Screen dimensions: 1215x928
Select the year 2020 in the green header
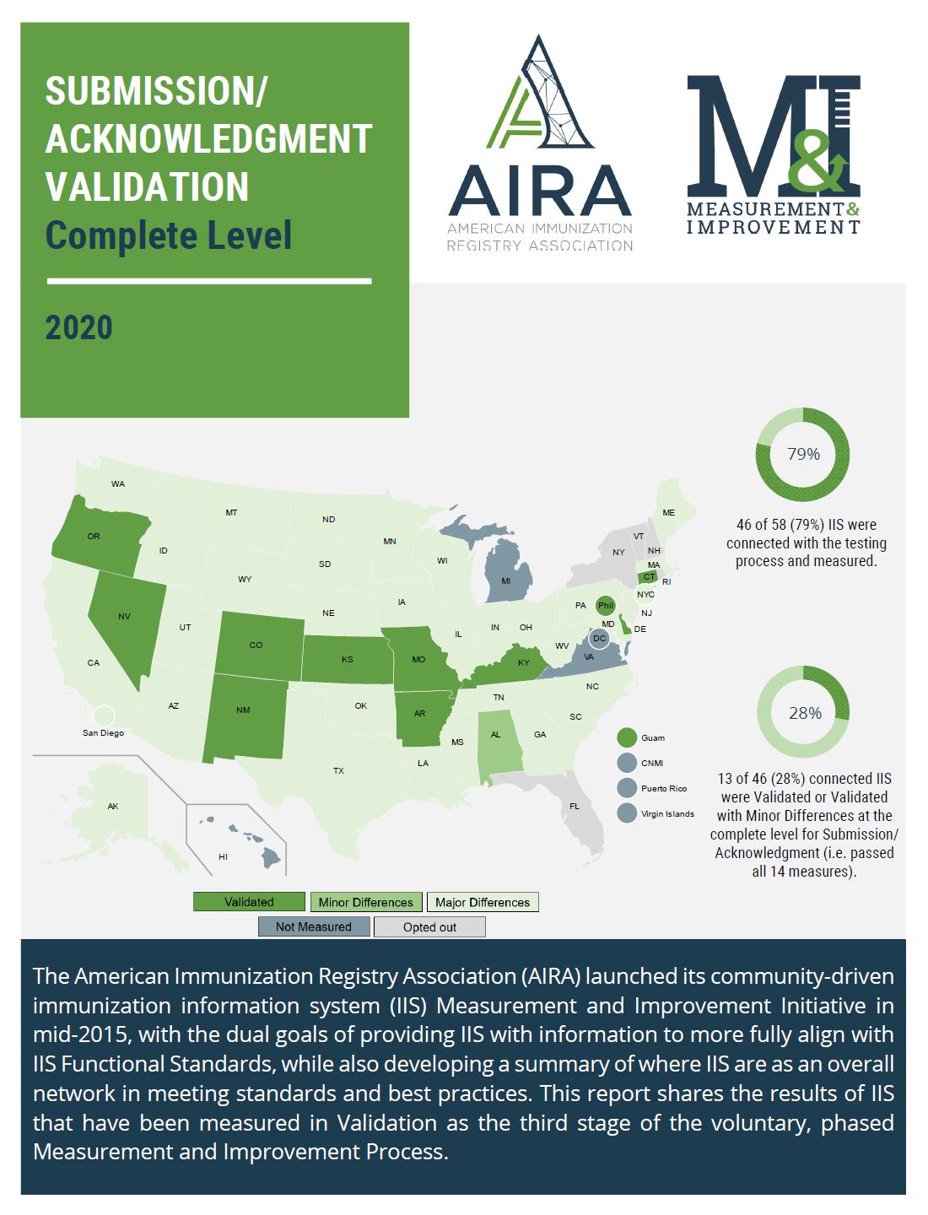click(79, 327)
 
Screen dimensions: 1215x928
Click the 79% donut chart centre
click(803, 455)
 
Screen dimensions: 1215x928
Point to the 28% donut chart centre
click(804, 713)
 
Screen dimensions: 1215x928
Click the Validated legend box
click(249, 902)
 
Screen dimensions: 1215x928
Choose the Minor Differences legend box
click(365, 902)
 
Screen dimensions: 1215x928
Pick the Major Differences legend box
click(483, 902)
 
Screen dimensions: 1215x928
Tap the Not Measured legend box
click(314, 926)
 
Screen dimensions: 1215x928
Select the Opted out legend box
click(429, 926)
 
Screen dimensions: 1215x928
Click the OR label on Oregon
click(94, 537)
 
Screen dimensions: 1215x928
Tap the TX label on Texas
click(338, 770)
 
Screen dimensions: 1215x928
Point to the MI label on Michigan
click(506, 581)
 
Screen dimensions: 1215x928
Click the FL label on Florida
click(575, 806)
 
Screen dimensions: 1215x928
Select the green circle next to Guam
click(627, 737)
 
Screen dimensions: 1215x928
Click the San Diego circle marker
click(103, 716)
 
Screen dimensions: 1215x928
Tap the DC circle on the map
click(599, 639)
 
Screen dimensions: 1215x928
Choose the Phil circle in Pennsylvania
click(605, 606)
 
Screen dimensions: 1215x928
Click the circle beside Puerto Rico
click(627, 788)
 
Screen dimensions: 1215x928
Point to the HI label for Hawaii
click(223, 856)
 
